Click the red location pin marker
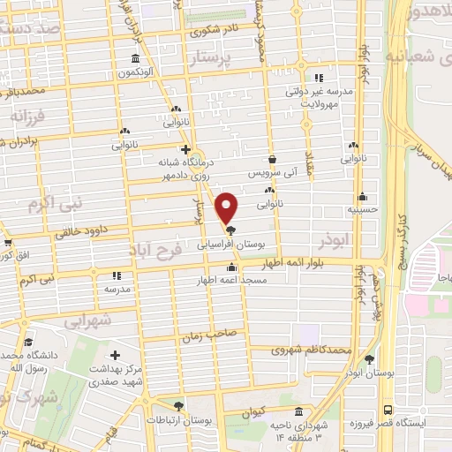[228, 208]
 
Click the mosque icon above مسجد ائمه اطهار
[231, 267]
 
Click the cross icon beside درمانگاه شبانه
[185, 148]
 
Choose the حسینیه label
[361, 210]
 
